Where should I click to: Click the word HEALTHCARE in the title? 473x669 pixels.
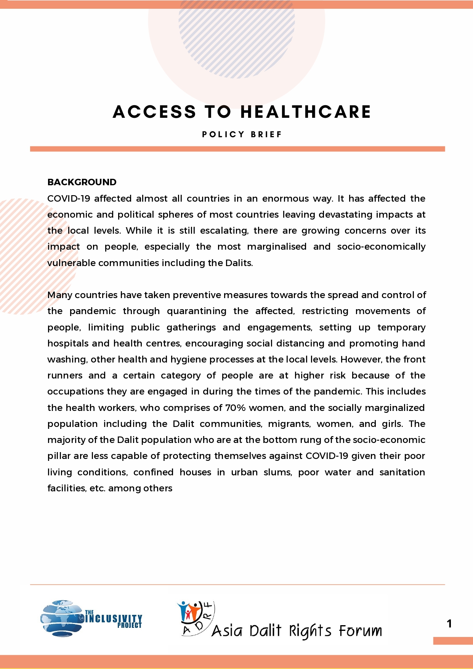(x=306, y=112)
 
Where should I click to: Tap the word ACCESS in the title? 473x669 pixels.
(x=154, y=112)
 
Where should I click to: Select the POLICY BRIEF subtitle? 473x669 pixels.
(x=242, y=134)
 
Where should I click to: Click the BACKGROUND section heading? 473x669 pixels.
(x=82, y=182)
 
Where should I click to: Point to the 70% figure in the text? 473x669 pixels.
(x=235, y=407)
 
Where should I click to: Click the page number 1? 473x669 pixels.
(x=449, y=624)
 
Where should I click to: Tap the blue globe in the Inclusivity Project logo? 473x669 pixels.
(x=61, y=618)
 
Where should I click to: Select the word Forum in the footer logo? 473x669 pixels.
(x=360, y=631)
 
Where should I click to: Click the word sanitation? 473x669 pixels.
(x=402, y=472)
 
